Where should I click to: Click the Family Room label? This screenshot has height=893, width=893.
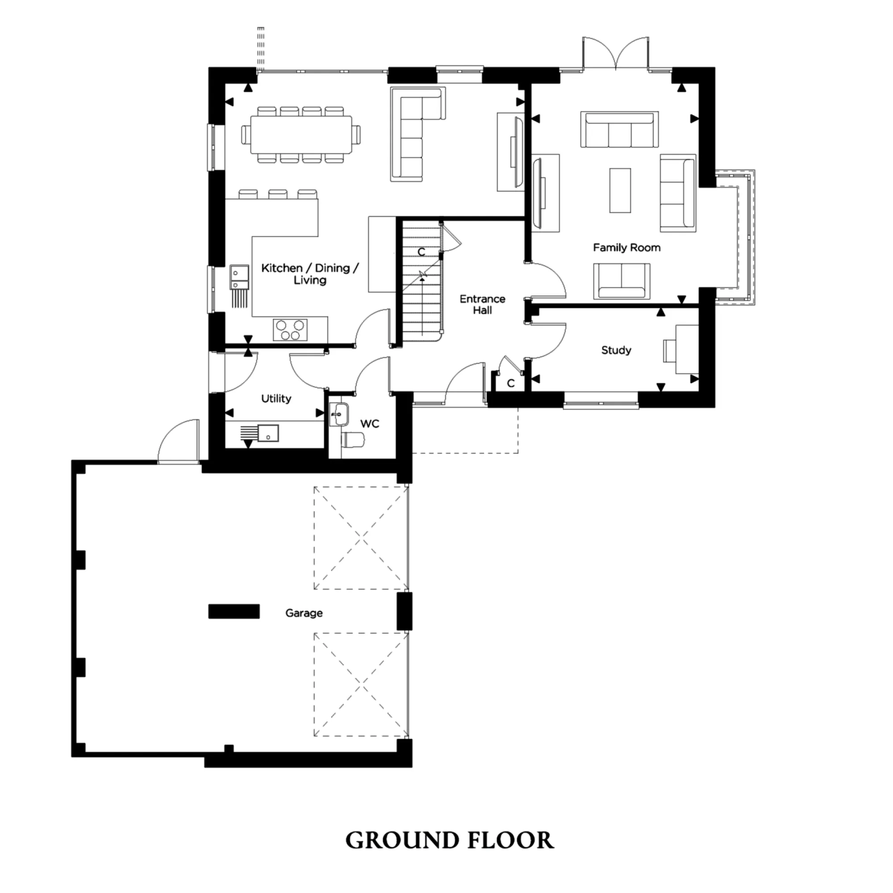[x=626, y=248]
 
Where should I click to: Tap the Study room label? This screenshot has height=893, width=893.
[x=616, y=350]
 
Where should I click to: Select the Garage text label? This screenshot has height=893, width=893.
[x=304, y=613]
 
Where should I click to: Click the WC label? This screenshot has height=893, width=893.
[x=369, y=424]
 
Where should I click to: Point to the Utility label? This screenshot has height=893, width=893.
[x=276, y=398]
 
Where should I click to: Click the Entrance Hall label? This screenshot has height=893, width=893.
[x=482, y=305]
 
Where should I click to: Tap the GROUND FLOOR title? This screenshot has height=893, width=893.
[x=449, y=840]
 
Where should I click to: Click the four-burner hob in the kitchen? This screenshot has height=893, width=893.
[x=290, y=330]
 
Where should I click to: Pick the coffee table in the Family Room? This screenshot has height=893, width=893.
[x=620, y=191]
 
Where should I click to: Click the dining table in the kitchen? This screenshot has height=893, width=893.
[x=301, y=134]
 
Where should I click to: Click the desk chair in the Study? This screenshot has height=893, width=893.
[x=670, y=351]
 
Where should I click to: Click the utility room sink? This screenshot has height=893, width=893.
[x=267, y=433]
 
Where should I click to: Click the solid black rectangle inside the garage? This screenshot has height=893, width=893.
[x=234, y=612]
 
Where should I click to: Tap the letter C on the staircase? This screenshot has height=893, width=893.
[x=421, y=252]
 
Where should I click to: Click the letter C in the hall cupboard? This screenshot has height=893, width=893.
[x=511, y=383]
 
